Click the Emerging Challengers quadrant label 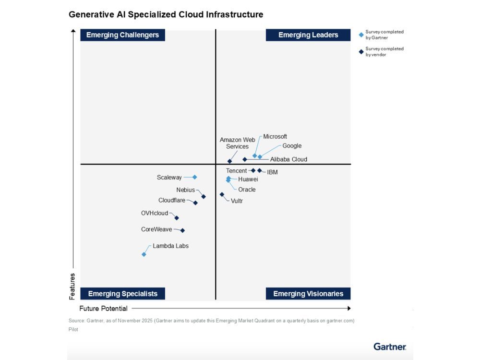[122, 35]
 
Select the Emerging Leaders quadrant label [308, 35]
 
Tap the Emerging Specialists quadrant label [122, 294]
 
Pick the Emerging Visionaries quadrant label [308, 294]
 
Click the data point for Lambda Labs [144, 254]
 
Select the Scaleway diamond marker [194, 177]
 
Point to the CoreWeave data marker [182, 230]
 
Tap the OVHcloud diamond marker [177, 218]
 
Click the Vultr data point [222, 194]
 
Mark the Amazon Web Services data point [229, 161]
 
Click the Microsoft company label [275, 137]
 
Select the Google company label [292, 146]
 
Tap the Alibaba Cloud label [288, 159]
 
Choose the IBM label [272, 172]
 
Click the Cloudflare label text [172, 200]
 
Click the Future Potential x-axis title [104, 309]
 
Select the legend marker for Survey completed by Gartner [361, 35]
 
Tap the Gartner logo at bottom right [390, 347]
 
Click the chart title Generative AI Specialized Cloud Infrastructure [166, 14]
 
